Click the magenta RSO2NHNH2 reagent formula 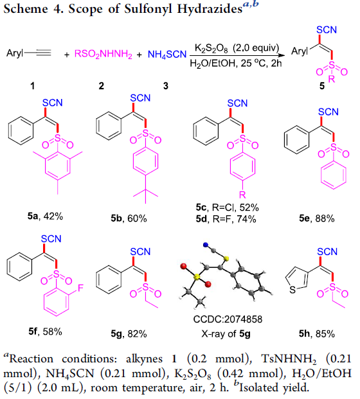click(x=104, y=55)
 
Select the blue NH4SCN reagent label click(x=167, y=55)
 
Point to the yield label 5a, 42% click(x=45, y=217)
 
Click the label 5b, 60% click(x=129, y=218)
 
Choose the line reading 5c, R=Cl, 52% click(x=227, y=208)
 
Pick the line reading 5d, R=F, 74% click(x=226, y=219)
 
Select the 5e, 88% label click(x=317, y=218)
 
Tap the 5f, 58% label click(x=45, y=332)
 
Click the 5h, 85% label click(x=317, y=333)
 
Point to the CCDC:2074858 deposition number click(x=228, y=319)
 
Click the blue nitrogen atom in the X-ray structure click(x=206, y=245)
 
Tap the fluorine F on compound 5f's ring click(x=80, y=288)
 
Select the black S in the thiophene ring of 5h click(x=292, y=290)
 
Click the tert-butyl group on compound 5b click(x=145, y=193)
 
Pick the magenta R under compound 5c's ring click(x=242, y=195)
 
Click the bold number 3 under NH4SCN click(x=166, y=86)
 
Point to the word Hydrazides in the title click(x=210, y=8)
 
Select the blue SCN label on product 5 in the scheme click(x=327, y=30)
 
